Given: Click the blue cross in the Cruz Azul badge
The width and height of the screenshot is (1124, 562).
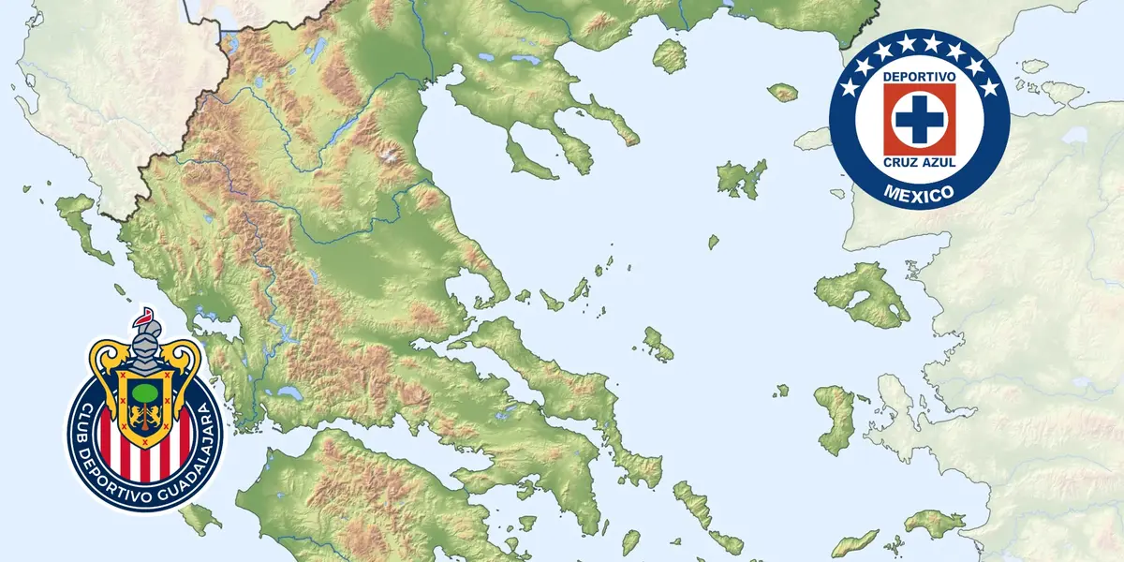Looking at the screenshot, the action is click(919, 118).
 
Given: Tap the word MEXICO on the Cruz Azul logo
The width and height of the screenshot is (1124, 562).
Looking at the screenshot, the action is click(919, 194).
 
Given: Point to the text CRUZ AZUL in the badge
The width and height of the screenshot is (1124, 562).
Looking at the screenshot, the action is click(919, 164).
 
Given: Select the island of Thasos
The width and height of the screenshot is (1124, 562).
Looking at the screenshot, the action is click(669, 56).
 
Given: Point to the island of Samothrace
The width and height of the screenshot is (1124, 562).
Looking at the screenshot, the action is click(783, 92).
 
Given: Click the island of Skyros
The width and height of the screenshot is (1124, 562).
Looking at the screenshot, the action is click(658, 345).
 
